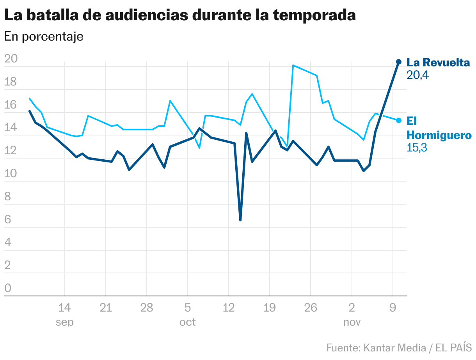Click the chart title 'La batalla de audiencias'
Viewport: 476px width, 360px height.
pyautogui.click(x=179, y=15)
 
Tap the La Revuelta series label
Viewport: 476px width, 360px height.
pyautogui.click(x=438, y=62)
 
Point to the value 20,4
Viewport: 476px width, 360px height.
pyautogui.click(x=417, y=75)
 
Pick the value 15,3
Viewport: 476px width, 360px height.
pyautogui.click(x=417, y=148)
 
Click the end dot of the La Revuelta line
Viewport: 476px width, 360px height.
pyautogui.click(x=399, y=62)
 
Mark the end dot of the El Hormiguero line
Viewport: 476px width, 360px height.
pyautogui.click(x=399, y=120)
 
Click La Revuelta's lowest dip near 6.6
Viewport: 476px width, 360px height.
pyautogui.click(x=240, y=220)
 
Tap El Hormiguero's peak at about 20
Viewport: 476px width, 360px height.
pyautogui.click(x=293, y=65)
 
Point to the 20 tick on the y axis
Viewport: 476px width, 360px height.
pyautogui.click(x=11, y=59)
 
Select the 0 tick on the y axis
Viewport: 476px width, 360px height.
pyautogui.click(x=8, y=289)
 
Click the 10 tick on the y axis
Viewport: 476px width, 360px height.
pyautogui.click(x=11, y=174)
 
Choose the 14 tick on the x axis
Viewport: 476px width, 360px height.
pyautogui.click(x=64, y=308)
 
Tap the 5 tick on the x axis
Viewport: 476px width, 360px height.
pyautogui.click(x=188, y=308)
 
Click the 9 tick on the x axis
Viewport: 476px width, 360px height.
pyautogui.click(x=393, y=308)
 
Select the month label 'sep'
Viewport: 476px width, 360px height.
pyautogui.click(x=64, y=322)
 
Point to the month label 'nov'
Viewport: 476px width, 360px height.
pyautogui.click(x=352, y=322)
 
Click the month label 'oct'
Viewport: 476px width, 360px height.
pyautogui.click(x=188, y=322)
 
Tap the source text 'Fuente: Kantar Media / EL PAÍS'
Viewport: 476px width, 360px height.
pyautogui.click(x=399, y=347)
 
